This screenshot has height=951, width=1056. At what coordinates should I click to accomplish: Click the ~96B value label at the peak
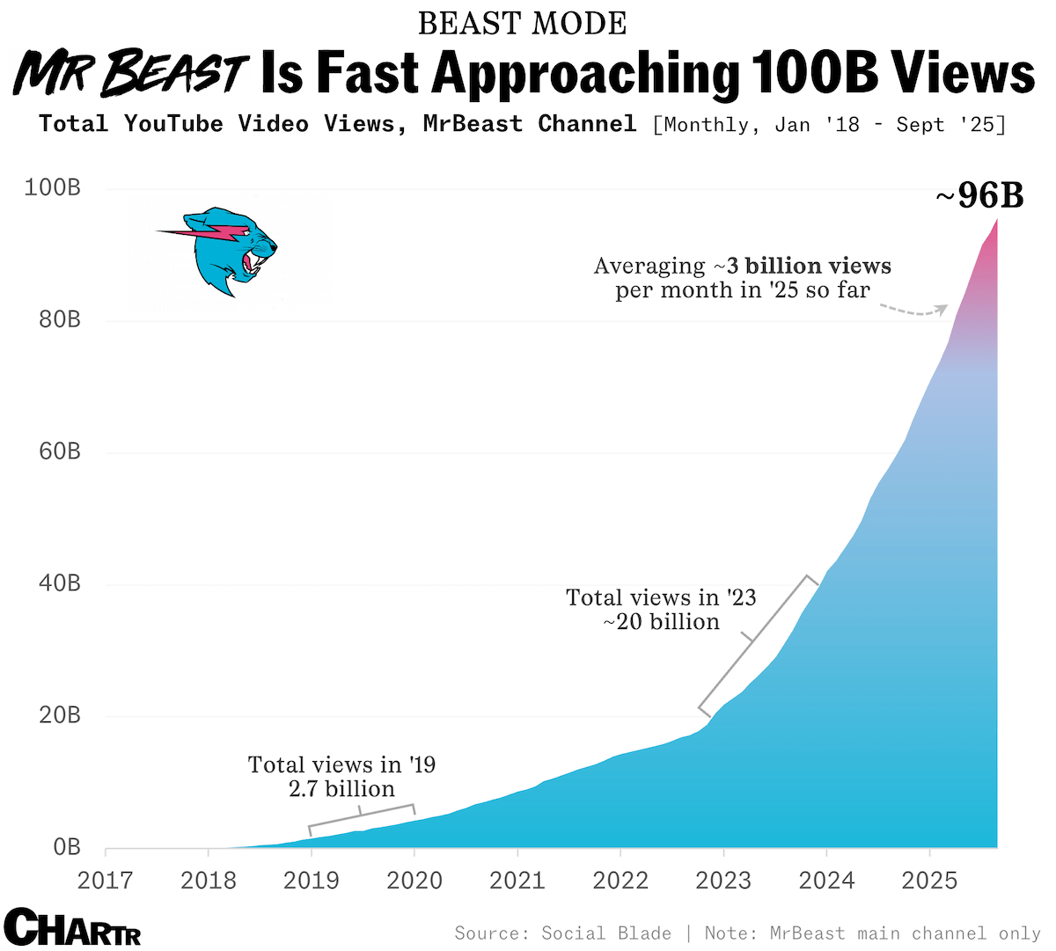pyautogui.click(x=979, y=195)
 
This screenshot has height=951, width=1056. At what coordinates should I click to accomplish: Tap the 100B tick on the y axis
pyautogui.click(x=53, y=188)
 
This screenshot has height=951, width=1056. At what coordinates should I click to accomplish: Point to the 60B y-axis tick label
pyautogui.click(x=60, y=452)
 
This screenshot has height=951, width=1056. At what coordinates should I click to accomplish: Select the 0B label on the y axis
pyautogui.click(x=67, y=847)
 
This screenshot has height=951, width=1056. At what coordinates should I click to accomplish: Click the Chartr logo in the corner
pyautogui.click(x=72, y=927)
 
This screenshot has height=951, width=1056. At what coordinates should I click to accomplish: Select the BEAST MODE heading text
pyautogui.click(x=522, y=24)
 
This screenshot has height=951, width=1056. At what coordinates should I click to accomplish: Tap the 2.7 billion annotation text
pyautogui.click(x=341, y=789)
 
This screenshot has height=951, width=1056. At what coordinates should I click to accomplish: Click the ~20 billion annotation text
pyautogui.click(x=661, y=622)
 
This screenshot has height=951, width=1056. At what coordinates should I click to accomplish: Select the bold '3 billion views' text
pyautogui.click(x=809, y=266)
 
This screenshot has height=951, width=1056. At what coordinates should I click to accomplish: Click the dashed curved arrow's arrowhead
pyautogui.click(x=942, y=309)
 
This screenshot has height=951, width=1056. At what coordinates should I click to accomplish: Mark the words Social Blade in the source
pyautogui.click(x=606, y=933)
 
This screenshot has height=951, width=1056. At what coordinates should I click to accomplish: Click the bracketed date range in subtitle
pyautogui.click(x=828, y=124)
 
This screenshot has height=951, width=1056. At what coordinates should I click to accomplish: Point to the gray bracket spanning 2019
pyautogui.click(x=361, y=816)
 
